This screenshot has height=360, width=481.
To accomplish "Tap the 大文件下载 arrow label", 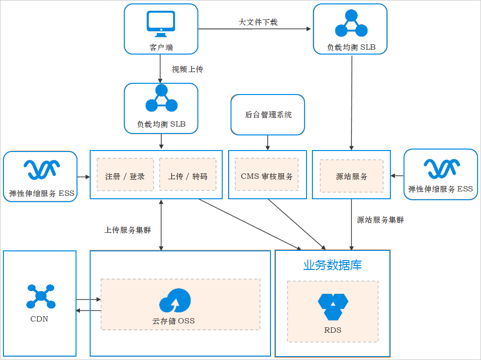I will [x=258, y=22].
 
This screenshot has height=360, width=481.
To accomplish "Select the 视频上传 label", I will [x=187, y=70].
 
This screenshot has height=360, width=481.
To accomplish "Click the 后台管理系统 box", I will [x=268, y=115].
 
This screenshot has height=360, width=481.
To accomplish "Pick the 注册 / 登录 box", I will [x=125, y=176].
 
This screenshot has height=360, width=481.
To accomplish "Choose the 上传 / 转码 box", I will [x=188, y=176].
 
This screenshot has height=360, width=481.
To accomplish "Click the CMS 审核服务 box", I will [x=267, y=176].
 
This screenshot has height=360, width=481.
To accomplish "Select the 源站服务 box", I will [x=351, y=176].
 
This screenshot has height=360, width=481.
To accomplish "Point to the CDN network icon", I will [x=40, y=296].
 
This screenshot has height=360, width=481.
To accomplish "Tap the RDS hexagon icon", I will [x=333, y=306].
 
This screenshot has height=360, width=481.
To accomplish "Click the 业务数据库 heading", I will [x=332, y=265].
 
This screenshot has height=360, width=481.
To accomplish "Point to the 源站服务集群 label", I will [x=381, y=220].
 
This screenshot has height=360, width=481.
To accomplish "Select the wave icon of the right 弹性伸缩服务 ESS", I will [x=441, y=169].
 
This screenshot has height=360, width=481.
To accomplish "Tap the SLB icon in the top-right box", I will [x=351, y=24].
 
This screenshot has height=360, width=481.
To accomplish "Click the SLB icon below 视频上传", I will [x=161, y=99].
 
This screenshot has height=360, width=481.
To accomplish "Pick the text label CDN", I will [x=39, y=320].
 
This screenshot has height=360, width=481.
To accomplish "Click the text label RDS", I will [x=333, y=330].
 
